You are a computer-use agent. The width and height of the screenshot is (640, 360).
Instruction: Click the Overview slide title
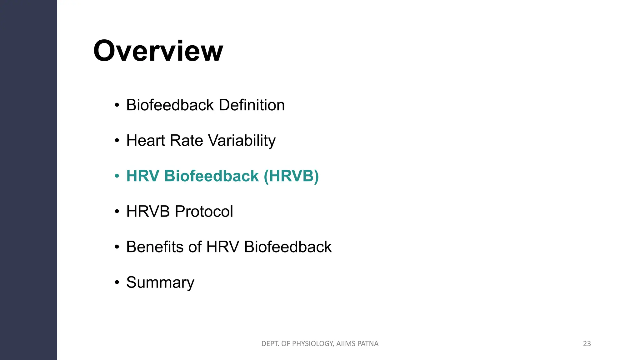158,51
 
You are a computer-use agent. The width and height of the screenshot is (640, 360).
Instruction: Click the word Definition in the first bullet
252,105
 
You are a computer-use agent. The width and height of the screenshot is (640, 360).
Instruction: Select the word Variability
242,141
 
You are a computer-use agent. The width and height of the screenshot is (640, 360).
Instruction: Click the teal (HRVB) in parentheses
291,176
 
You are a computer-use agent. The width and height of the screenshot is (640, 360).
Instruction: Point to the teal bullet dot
117,176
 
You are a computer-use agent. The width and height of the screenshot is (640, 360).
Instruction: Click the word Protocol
204,212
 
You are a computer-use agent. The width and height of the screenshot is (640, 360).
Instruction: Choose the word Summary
160,283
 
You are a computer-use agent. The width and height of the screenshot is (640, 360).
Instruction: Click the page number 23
587,344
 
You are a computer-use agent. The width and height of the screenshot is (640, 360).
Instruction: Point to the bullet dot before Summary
117,282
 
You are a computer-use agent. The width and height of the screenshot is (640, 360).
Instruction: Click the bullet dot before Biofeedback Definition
117,105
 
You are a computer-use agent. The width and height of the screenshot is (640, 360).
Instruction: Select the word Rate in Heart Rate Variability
187,140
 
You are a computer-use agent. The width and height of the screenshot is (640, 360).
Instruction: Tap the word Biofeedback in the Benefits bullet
287,247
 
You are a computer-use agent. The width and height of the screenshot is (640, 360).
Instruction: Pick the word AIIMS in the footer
346,344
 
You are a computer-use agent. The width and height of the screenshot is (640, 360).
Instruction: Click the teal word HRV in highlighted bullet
143,176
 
